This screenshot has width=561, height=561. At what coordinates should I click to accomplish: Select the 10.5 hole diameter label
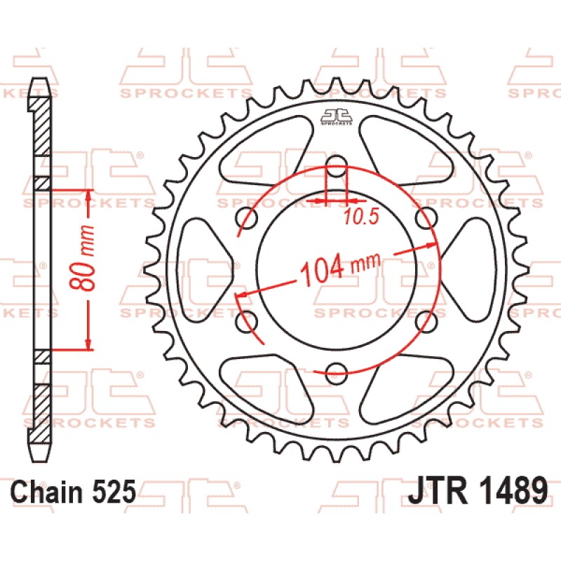tap(361, 217)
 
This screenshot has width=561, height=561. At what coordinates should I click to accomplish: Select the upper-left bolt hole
tap(247, 217)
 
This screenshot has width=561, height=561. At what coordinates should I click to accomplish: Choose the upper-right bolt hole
tap(426, 217)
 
